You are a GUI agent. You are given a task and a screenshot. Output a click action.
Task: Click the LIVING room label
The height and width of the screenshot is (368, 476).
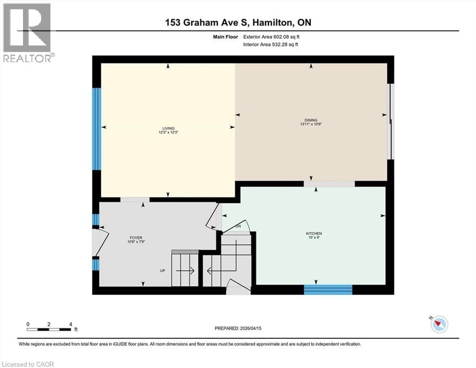click(168, 128)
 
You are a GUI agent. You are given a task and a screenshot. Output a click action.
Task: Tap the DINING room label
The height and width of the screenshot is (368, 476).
click(311, 120)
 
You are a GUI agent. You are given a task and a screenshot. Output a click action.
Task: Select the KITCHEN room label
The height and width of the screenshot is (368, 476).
click(311, 233)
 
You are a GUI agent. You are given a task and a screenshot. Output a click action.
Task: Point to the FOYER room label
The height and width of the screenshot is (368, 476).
click(136, 238)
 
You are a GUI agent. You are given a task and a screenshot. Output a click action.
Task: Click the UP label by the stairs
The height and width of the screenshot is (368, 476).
click(163, 271)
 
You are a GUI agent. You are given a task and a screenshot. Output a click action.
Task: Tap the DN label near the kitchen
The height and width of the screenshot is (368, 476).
click(238, 226)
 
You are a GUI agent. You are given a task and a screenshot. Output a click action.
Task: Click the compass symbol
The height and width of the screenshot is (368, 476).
click(439, 324)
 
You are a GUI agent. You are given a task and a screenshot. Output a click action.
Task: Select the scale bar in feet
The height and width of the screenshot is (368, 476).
click(49, 329)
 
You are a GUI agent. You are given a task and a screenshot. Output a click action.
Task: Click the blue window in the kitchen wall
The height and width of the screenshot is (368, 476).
click(328, 289)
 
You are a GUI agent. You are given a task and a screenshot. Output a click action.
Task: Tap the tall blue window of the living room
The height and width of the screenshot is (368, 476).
click(97, 128)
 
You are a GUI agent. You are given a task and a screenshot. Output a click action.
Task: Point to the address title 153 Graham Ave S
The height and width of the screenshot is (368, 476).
click(238, 23)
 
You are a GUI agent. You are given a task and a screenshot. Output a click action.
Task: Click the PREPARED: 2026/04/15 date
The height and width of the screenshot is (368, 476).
click(238, 328)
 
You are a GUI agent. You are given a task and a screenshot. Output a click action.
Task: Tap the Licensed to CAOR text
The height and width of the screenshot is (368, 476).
click(29, 364)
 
